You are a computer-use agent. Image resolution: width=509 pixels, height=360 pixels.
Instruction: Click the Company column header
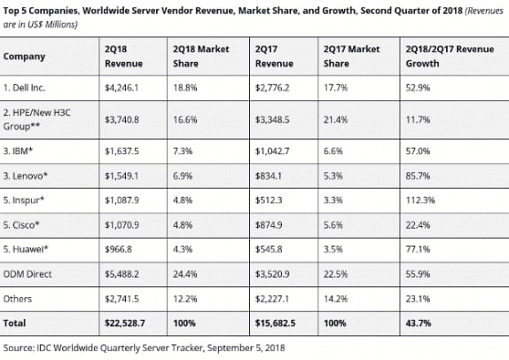coord(24,57)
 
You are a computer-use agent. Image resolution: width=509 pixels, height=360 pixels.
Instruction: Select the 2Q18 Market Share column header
coord(201,56)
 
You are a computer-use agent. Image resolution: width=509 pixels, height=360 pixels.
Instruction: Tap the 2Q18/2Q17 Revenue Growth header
coord(450,56)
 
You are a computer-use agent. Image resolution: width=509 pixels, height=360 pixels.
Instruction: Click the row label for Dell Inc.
coord(24,88)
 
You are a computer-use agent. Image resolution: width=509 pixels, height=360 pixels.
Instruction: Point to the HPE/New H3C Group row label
coord(36,120)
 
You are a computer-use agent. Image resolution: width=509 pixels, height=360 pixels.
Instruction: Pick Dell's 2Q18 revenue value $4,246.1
coord(121,88)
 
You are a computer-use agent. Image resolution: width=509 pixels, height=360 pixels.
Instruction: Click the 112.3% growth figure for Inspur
coord(420,200)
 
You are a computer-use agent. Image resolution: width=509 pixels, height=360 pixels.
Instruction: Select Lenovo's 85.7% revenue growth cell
coord(418,176)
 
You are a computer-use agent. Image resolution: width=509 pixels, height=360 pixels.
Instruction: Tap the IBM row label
coord(18,151)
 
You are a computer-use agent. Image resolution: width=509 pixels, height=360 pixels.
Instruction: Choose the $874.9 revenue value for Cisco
coord(269,225)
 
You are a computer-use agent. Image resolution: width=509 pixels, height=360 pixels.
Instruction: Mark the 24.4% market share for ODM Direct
coord(184,274)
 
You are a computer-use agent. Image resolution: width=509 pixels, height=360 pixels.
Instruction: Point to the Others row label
coord(18,299)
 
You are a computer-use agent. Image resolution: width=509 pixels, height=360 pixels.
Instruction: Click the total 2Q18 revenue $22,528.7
coord(125,324)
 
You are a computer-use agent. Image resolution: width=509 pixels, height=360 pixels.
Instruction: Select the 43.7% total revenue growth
coord(419,324)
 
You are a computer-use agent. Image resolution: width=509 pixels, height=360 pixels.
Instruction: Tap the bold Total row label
coord(14,324)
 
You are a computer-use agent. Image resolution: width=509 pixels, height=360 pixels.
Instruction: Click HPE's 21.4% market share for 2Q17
coord(335,120)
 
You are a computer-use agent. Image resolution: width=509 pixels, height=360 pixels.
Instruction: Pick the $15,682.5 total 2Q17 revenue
coord(275,324)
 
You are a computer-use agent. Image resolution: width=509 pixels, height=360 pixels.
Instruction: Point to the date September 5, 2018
coord(246,348)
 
